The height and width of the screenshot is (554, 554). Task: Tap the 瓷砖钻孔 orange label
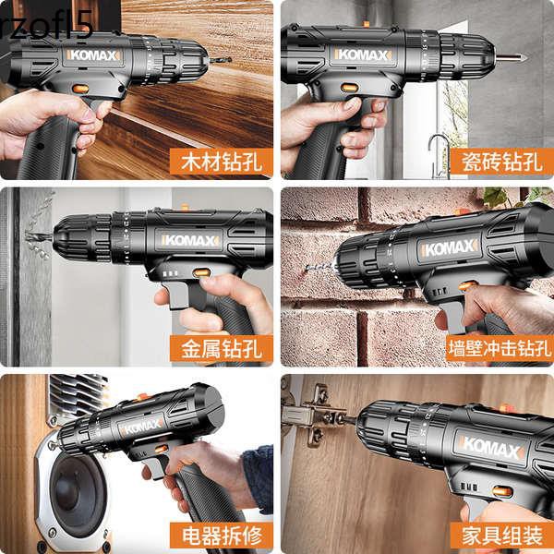(500, 163)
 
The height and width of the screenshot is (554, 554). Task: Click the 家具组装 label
(500, 535)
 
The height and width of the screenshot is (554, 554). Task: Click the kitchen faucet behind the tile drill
(440, 148)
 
